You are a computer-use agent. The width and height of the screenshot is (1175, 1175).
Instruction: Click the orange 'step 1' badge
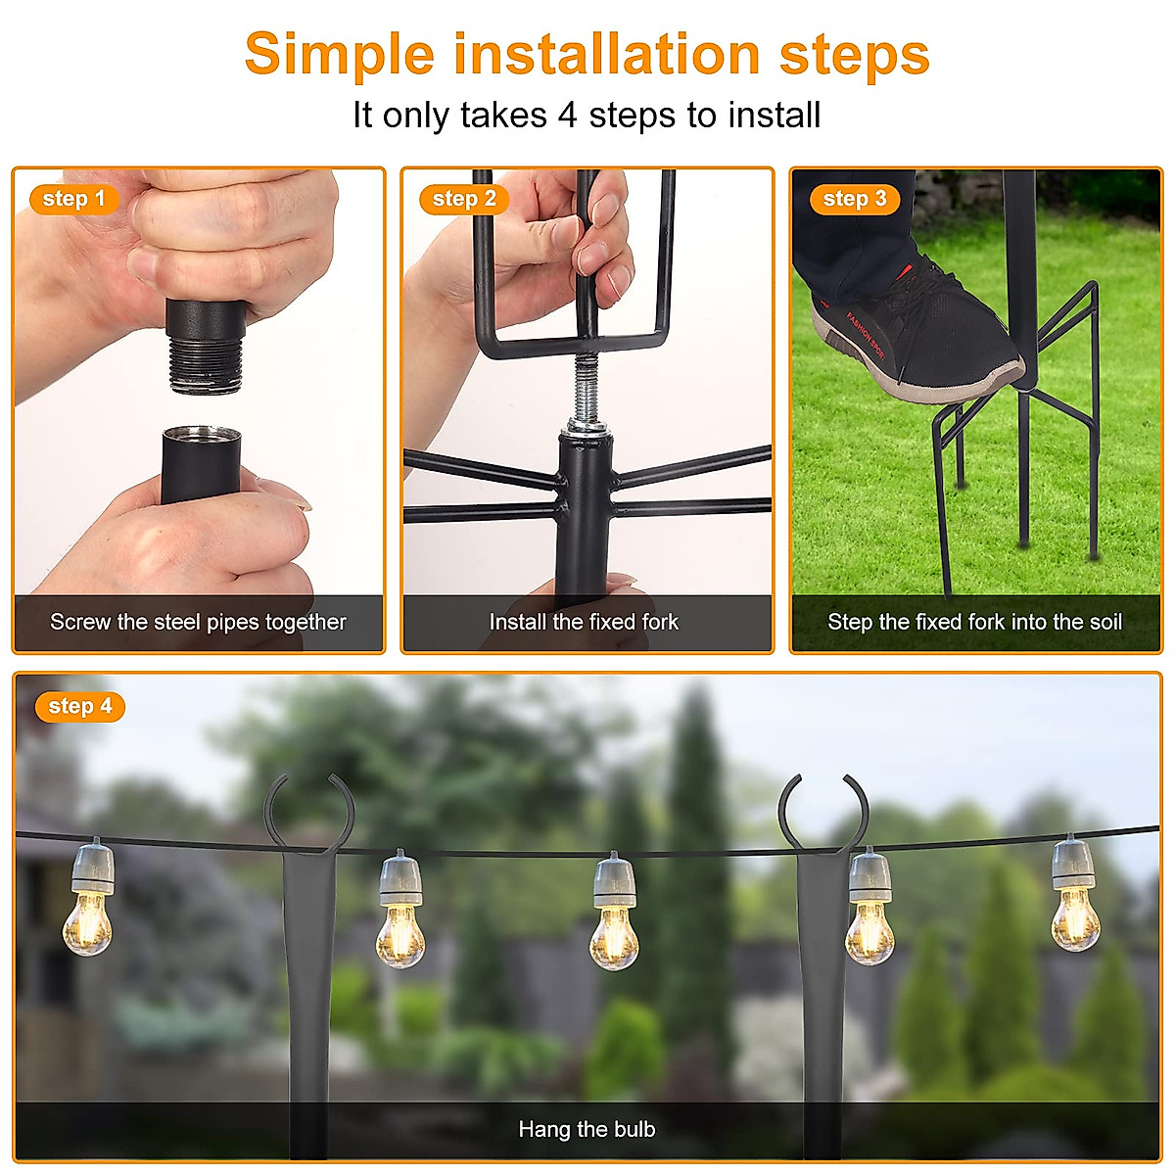(73, 199)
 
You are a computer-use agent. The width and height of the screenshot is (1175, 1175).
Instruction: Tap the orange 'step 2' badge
(464, 199)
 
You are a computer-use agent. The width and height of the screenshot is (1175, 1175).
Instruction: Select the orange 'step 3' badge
(854, 199)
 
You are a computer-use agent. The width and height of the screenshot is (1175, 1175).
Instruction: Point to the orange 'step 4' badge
(79, 706)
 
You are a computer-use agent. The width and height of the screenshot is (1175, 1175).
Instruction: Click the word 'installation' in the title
(607, 54)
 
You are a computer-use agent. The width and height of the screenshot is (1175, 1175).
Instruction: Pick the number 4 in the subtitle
(568, 116)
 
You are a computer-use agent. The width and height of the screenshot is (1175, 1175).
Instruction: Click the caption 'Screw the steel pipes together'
(198, 622)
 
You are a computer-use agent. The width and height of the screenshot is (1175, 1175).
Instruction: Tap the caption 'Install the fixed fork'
(584, 622)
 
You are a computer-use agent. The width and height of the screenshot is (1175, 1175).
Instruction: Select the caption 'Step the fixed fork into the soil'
(974, 622)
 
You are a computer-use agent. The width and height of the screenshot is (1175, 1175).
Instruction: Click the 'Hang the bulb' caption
(587, 1129)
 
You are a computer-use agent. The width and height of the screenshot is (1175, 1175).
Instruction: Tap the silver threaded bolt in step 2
(586, 387)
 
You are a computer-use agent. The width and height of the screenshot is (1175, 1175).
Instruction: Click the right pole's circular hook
(823, 808)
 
